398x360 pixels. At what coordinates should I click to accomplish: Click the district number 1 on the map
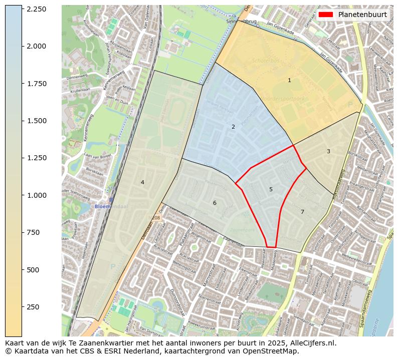tap(289, 80)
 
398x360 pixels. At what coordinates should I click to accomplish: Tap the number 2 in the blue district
tap(233, 127)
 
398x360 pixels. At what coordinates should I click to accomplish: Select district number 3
tap(328, 151)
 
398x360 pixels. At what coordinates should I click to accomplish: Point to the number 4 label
tap(142, 182)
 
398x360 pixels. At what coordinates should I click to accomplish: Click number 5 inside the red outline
tap(271, 189)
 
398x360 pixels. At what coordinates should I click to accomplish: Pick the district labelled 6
tap(215, 203)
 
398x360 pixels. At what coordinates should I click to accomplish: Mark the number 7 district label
tap(302, 212)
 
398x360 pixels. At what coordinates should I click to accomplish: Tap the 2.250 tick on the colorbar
tap(37, 9)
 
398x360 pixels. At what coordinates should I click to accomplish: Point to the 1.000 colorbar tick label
tap(37, 195)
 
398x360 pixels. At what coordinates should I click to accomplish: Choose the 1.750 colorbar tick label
tap(37, 84)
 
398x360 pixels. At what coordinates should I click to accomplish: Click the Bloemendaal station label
tap(111, 206)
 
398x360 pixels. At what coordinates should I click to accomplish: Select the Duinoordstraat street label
tap(177, 301)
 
